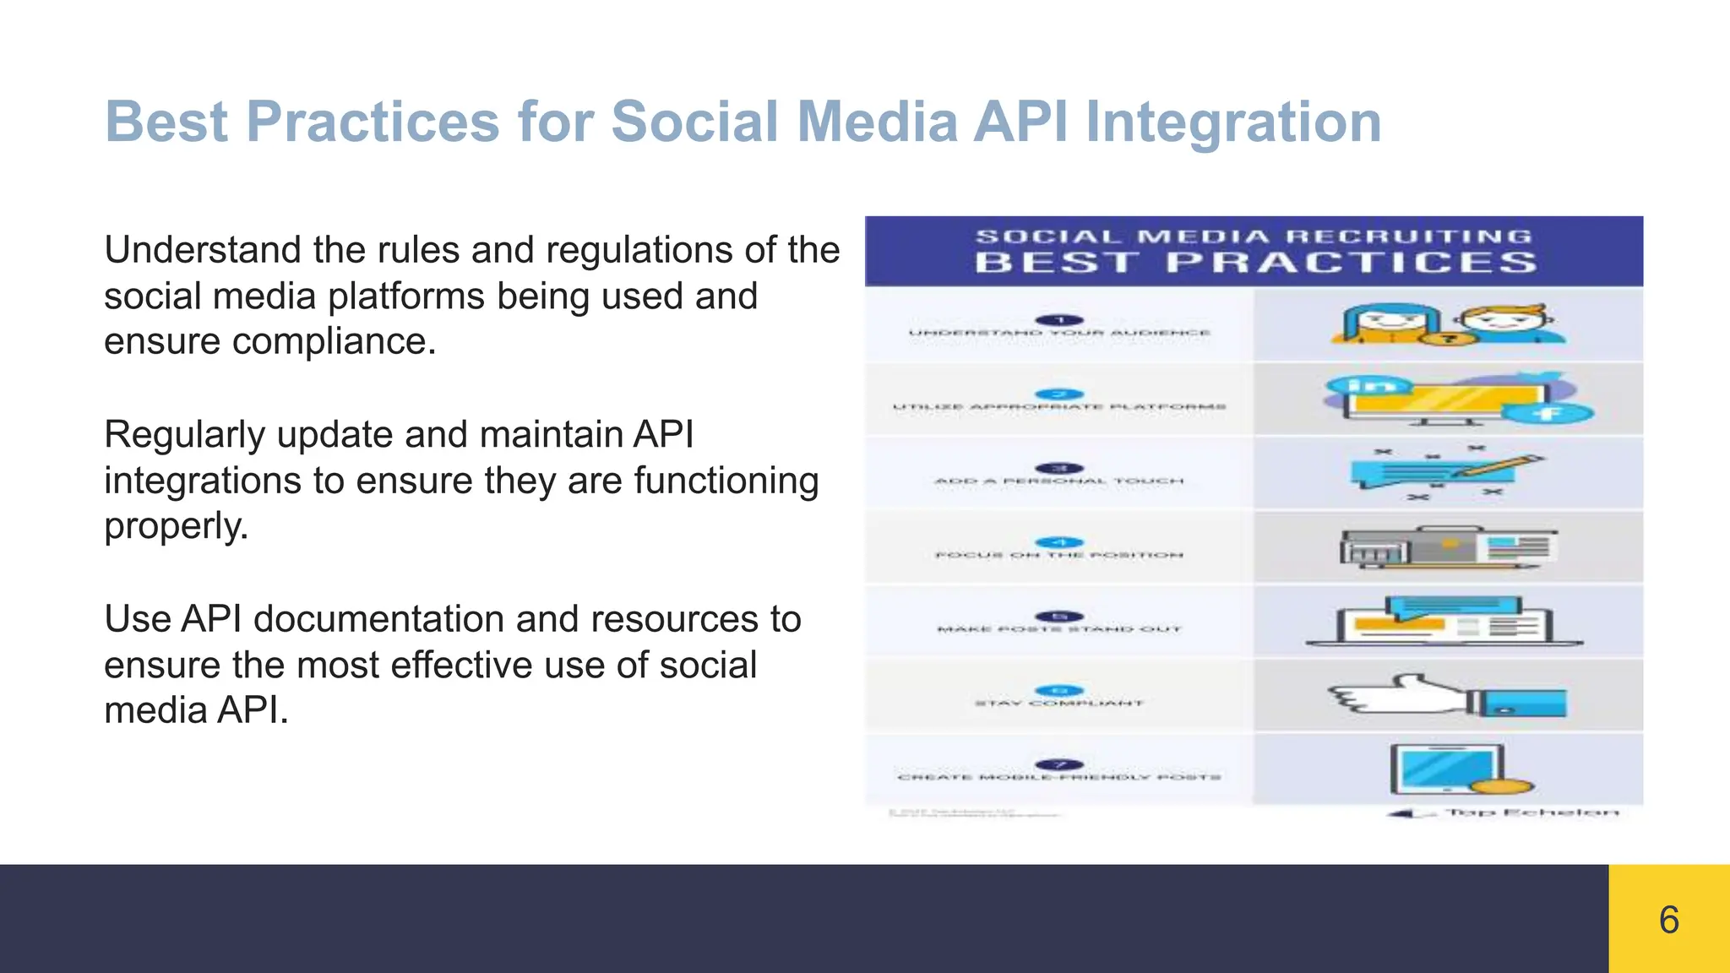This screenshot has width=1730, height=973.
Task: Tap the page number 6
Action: (1668, 920)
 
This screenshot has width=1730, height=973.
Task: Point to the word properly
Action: (175, 527)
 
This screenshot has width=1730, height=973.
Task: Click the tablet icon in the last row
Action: (1448, 769)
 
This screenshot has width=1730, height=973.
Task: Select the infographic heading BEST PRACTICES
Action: (1255, 263)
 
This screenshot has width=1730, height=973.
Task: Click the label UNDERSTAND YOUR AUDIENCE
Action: (1059, 333)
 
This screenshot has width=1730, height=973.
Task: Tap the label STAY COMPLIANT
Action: (1059, 703)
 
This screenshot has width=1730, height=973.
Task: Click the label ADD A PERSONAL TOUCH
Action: (1059, 481)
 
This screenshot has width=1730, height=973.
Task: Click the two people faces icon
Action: (1446, 326)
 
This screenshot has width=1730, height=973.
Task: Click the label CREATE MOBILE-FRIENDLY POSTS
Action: (1059, 777)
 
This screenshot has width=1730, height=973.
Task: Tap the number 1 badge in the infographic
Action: (1059, 320)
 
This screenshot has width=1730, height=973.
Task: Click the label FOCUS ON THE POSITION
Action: (1059, 555)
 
